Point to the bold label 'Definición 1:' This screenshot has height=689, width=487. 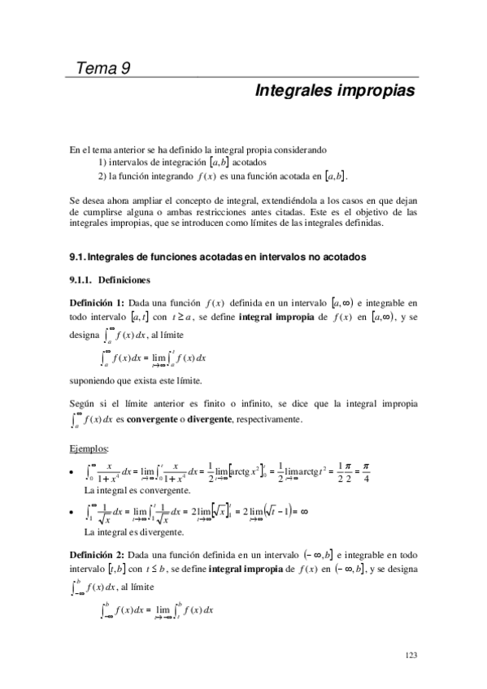[x=98, y=302]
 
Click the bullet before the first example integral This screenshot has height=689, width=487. [x=74, y=472]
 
